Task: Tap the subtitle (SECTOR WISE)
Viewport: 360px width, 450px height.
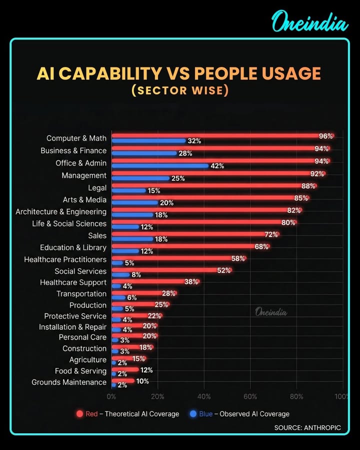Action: (x=179, y=90)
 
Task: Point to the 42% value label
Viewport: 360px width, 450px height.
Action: (x=217, y=166)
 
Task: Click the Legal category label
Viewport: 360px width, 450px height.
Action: (x=97, y=188)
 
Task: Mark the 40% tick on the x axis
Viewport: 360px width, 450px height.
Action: (x=204, y=396)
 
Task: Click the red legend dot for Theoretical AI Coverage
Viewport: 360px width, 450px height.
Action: (x=79, y=413)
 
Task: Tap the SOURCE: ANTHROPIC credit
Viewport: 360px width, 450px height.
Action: (x=307, y=427)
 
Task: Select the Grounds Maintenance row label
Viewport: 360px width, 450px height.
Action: (x=69, y=382)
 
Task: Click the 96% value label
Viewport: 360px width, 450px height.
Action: (x=326, y=136)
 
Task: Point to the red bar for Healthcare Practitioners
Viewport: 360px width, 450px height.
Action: (x=175, y=258)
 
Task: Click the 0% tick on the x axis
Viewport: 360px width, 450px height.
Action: (x=111, y=396)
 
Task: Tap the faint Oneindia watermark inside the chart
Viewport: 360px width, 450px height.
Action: (x=271, y=312)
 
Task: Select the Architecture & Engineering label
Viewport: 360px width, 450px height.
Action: (x=61, y=211)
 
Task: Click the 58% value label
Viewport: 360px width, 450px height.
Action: (x=238, y=258)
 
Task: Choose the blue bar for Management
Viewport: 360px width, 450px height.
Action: (x=140, y=178)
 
